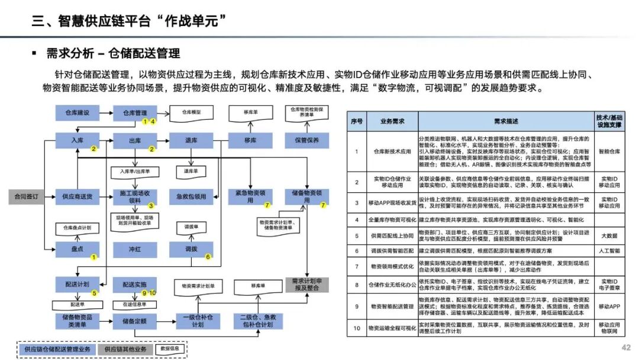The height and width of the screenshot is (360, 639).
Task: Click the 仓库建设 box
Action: pyautogui.click(x=77, y=112)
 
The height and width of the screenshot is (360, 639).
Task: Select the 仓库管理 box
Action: pyautogui.click(x=135, y=112)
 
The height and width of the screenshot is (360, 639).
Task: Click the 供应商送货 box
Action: pyautogui.click(x=77, y=197)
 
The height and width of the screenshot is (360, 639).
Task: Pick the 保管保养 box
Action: pyautogui.click(x=306, y=140)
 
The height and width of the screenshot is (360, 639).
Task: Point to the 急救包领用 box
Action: pyautogui.click(x=191, y=197)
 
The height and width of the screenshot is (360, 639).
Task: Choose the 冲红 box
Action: pyautogui.click(x=135, y=248)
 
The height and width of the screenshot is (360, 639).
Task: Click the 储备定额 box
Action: pyautogui.click(x=135, y=321)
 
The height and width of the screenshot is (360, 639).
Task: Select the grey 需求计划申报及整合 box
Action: pyautogui.click(x=306, y=284)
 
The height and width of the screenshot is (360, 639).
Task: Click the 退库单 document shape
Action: pyautogui.click(x=191, y=171)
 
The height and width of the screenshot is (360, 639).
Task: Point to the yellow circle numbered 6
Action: pyautogui.click(x=208, y=256)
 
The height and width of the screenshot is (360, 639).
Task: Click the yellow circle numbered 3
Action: pyautogui.click(x=151, y=206)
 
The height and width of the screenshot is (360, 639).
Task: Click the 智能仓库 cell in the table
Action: pyautogui.click(x=609, y=151)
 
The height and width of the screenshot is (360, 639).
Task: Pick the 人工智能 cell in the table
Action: pyautogui.click(x=609, y=250)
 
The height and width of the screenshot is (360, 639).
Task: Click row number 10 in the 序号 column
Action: pyautogui.click(x=356, y=327)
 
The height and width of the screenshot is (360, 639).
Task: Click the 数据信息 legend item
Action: pyautogui.click(x=172, y=349)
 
